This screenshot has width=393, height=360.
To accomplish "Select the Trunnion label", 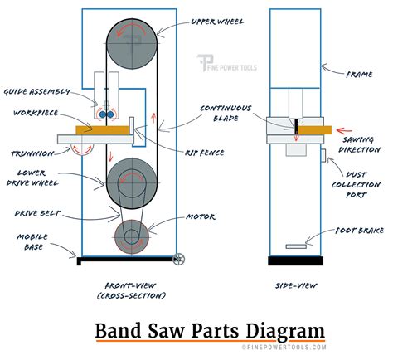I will click(x=30, y=153).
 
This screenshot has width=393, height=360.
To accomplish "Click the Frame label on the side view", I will click(x=358, y=73).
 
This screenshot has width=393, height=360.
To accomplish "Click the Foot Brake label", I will click(x=357, y=231).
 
